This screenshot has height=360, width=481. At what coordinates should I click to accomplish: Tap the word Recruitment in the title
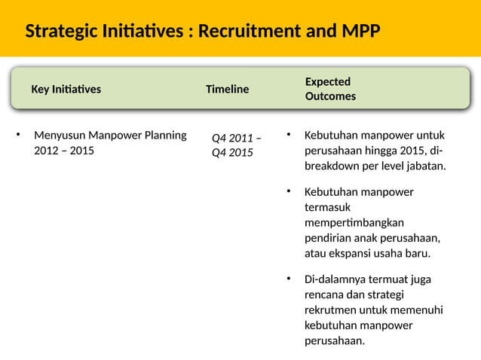(x=249, y=32)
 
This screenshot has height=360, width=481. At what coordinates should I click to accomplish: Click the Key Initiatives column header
(x=66, y=89)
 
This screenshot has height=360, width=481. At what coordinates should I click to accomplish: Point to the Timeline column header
(x=227, y=89)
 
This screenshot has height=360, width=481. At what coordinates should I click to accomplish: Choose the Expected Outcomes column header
(x=330, y=89)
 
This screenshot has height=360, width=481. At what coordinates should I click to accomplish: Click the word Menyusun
(x=60, y=136)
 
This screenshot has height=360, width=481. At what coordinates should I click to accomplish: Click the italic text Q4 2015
(x=232, y=153)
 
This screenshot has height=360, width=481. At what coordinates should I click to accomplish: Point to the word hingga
(x=384, y=151)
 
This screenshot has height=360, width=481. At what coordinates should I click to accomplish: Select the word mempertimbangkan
(x=354, y=222)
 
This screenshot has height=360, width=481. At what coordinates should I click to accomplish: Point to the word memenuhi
(x=418, y=310)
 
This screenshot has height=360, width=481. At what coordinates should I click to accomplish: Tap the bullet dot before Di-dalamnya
(x=287, y=279)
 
